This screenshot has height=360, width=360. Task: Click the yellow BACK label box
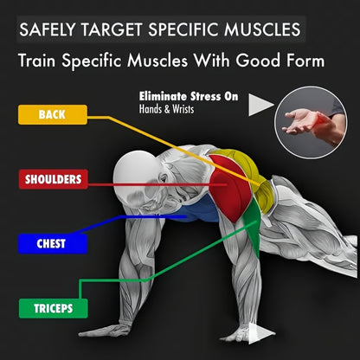[x=53, y=114]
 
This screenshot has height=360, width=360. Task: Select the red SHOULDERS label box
[x=53, y=179]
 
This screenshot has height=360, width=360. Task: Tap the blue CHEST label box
[x=52, y=244]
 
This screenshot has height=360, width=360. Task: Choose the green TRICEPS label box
[x=53, y=308]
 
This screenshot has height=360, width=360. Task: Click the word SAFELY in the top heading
[x=48, y=29]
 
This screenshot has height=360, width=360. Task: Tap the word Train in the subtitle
[x=36, y=61]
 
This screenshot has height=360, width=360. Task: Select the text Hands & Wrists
[x=166, y=109]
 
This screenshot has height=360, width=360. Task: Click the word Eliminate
[x=163, y=96]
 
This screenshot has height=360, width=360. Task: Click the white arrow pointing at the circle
[x=261, y=105]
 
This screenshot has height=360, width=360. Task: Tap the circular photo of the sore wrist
[x=311, y=123]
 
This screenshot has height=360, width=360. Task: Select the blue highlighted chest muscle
[x=199, y=210]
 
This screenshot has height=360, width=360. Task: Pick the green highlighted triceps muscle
[x=252, y=228]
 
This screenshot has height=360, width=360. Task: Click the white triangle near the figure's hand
[x=259, y=333]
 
